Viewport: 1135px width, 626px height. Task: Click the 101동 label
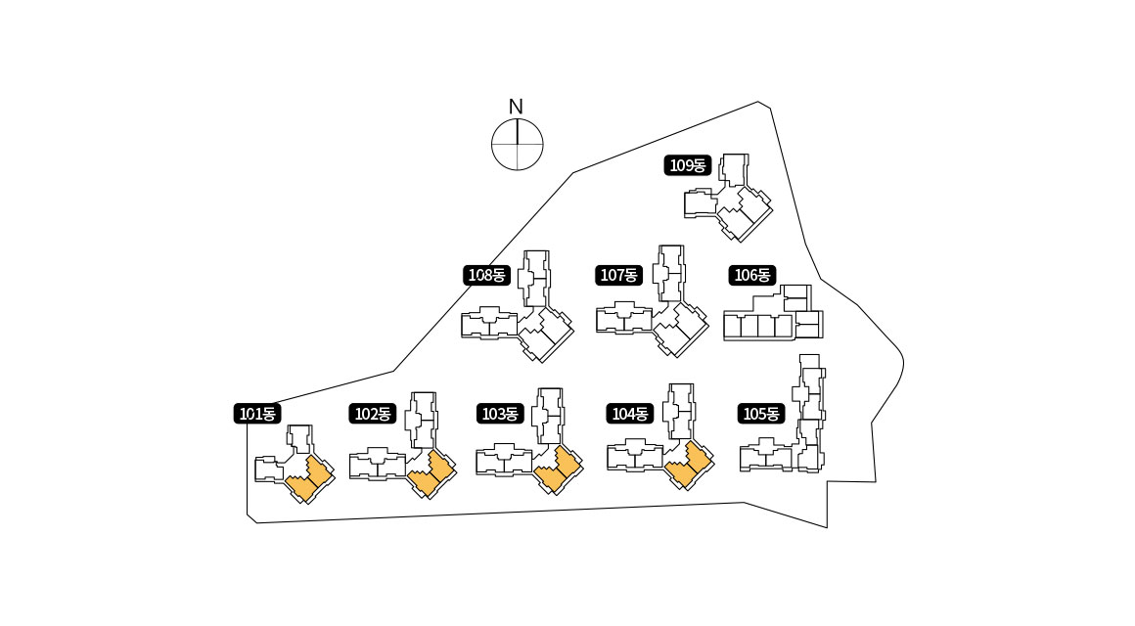pyautogui.click(x=258, y=414)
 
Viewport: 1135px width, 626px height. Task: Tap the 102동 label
pyautogui.click(x=372, y=414)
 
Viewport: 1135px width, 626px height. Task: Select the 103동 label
pyautogui.click(x=499, y=414)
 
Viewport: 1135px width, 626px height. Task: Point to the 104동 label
pyautogui.click(x=629, y=414)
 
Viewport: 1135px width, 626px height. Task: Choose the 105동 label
pyautogui.click(x=761, y=414)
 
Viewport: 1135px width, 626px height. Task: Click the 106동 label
pyautogui.click(x=752, y=275)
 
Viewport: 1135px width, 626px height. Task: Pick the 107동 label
pyautogui.click(x=618, y=275)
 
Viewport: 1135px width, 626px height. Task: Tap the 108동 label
pyautogui.click(x=486, y=275)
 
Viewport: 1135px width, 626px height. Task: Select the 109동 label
pyautogui.click(x=687, y=165)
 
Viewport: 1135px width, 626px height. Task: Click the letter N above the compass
pyautogui.click(x=516, y=107)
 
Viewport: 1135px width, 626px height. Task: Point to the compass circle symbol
pyautogui.click(x=517, y=144)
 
